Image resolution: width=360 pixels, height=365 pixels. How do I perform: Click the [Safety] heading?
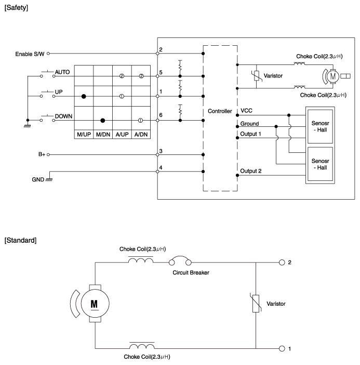pyautogui.click(x=16, y=8)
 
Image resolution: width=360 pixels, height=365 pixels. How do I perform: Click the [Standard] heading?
pyautogui.click(x=20, y=240)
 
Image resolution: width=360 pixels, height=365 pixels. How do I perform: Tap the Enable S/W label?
pyautogui.click(x=30, y=54)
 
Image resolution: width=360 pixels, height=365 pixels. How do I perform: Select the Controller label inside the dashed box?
pyautogui.click(x=220, y=111)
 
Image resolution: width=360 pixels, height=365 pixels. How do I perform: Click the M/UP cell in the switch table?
pyautogui.click(x=84, y=135)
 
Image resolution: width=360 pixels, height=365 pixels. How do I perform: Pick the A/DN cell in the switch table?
pyautogui.click(x=141, y=135)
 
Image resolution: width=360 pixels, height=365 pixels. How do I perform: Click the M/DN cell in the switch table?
pyautogui.click(x=103, y=135)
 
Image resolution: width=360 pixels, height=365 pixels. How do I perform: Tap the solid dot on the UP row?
pyautogui.click(x=84, y=96)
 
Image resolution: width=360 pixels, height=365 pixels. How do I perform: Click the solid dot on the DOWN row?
pyautogui.click(x=102, y=120)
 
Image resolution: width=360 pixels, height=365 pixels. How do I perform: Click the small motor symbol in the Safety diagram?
pyautogui.click(x=332, y=76)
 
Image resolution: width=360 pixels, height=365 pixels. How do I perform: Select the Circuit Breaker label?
pyautogui.click(x=191, y=272)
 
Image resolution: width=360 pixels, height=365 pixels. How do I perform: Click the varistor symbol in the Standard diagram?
pyautogui.click(x=256, y=303)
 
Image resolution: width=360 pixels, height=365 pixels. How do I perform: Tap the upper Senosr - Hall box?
pyautogui.click(x=320, y=126)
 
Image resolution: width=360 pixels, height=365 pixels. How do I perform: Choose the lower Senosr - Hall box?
pyautogui.click(x=320, y=164)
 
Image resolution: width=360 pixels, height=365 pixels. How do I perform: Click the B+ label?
pyautogui.click(x=42, y=154)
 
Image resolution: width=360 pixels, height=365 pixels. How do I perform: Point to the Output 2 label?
pyautogui.click(x=251, y=171)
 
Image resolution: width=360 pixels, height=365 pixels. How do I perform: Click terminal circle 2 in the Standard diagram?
pyautogui.click(x=282, y=263)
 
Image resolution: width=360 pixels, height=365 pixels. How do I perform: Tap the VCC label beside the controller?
pyautogui.click(x=246, y=111)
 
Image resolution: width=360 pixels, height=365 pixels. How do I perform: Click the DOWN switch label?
pyautogui.click(x=63, y=116)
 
